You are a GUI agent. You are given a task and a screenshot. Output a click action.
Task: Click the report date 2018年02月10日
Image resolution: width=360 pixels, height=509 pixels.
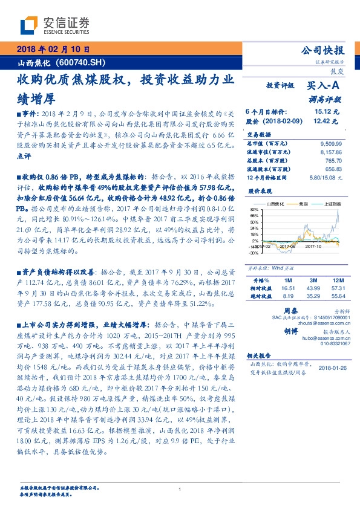tap(54, 50)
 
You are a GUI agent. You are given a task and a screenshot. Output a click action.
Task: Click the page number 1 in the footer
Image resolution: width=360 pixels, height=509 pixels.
tap(180, 490)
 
